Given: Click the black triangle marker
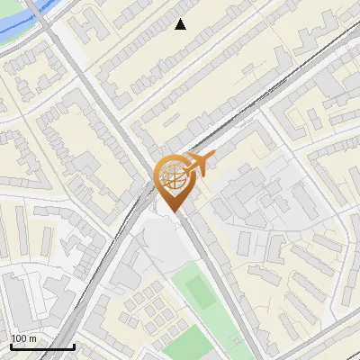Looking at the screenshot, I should (x=181, y=24).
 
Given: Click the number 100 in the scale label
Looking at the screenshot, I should (x=20, y=338).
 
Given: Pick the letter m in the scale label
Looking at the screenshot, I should (x=33, y=338).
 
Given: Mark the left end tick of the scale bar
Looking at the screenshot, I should (x=11, y=346).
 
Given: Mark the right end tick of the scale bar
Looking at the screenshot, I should (x=74, y=346).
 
